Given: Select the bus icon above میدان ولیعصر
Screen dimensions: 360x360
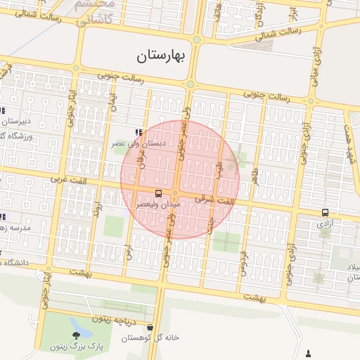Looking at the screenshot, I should (x=157, y=193).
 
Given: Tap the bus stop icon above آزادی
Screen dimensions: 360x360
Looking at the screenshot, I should (x=325, y=212).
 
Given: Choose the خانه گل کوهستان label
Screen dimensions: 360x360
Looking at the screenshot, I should (x=150, y=337).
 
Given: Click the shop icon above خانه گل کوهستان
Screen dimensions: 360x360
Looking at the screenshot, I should (x=150, y=327).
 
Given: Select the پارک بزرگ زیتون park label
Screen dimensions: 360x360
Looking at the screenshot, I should (x=76, y=347).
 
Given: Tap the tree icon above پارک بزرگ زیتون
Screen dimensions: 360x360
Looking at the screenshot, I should (x=76, y=335).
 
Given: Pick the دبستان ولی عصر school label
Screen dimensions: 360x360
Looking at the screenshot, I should (x=139, y=143).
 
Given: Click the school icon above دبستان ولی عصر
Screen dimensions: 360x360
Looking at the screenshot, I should (x=139, y=132).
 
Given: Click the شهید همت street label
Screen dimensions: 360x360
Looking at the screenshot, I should (x=349, y=131).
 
